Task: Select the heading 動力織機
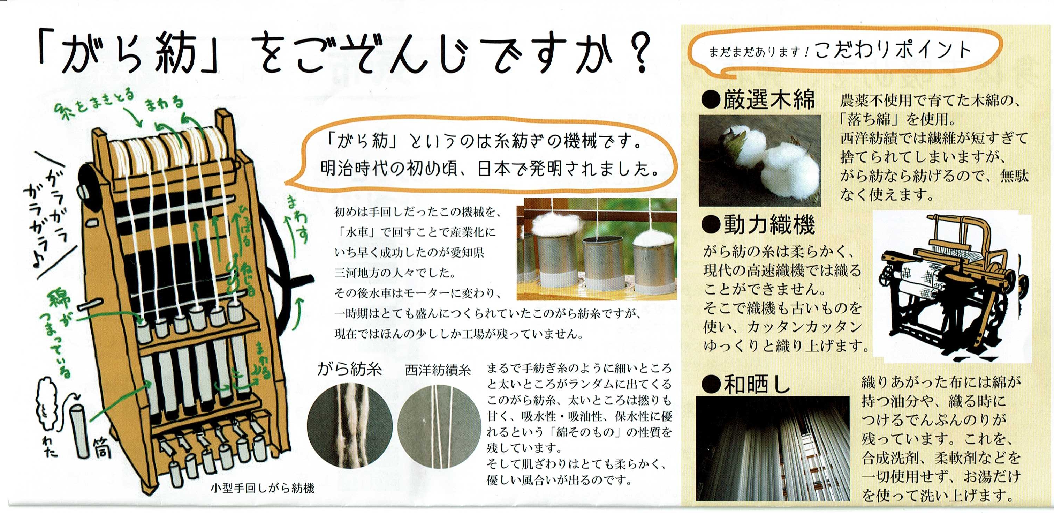point(758,224)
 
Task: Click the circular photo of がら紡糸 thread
point(349,426)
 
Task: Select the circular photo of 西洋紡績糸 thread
point(439,426)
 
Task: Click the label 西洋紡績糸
point(438,370)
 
